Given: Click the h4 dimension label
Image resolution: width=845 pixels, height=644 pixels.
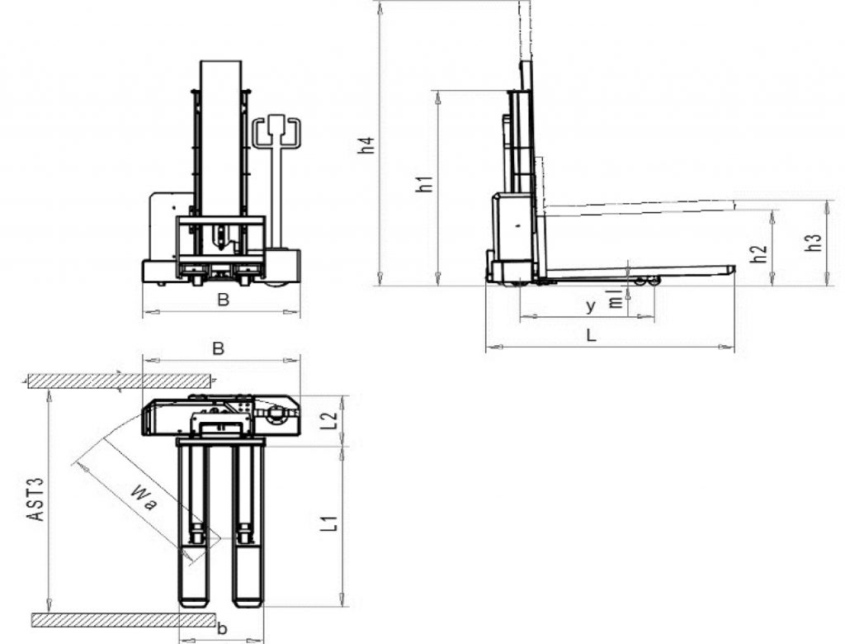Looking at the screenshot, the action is tap(366, 145).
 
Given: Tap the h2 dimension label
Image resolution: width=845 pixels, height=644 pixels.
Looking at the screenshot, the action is tap(759, 254).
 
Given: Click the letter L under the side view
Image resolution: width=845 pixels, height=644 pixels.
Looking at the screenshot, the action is tap(591, 335).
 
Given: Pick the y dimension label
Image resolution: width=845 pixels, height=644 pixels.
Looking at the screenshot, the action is tap(591, 306).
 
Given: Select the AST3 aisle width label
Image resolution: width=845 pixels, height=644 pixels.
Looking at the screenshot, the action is tap(36, 499).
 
